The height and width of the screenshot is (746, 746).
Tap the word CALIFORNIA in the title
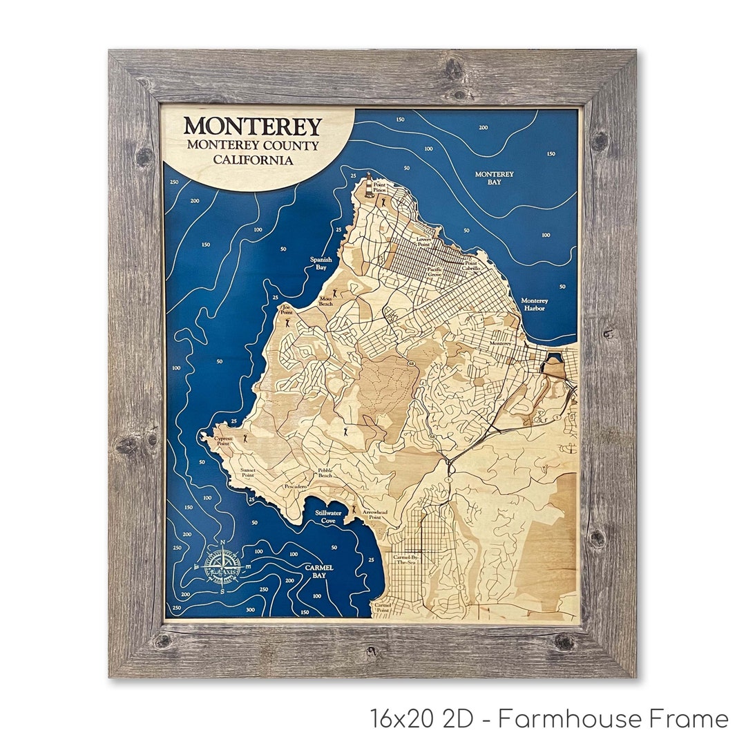click(252, 160)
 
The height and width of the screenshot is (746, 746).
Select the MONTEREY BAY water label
click(494, 178)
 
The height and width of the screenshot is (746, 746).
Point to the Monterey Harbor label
click(534, 305)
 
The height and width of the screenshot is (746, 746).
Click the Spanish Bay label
click(321, 263)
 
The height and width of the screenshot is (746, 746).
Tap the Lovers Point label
click(423, 242)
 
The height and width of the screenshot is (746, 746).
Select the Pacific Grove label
click(434, 271)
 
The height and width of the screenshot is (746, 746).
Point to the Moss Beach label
click(325, 301)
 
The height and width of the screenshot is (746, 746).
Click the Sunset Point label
click(247, 472)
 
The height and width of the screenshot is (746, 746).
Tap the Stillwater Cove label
click(328, 517)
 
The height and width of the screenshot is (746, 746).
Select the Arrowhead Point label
click(374, 514)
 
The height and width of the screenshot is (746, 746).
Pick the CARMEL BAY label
click(318, 571)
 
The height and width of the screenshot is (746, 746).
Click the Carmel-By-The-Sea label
click(406, 559)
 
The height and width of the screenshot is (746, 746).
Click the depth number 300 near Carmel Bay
click(249, 610)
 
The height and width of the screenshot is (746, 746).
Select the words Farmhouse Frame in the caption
click(613, 719)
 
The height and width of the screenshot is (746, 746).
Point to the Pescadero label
click(295, 486)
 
